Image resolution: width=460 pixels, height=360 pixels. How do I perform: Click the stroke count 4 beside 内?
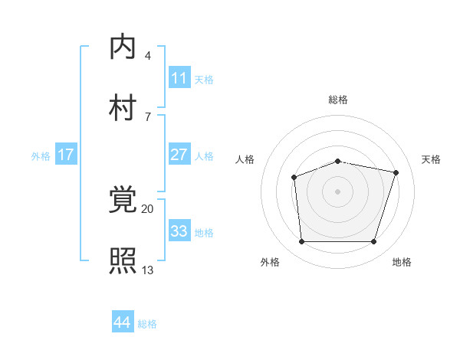(x=147, y=56)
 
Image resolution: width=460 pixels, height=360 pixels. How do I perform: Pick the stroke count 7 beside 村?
(x=147, y=116)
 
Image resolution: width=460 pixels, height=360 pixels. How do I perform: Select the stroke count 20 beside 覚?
(x=147, y=208)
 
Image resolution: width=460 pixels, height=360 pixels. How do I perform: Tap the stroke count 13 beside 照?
(x=147, y=270)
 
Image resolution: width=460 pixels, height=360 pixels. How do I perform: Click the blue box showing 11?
(x=179, y=78)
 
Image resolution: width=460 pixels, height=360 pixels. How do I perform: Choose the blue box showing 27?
(x=179, y=155)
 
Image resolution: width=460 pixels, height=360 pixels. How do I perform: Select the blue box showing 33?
(x=179, y=231)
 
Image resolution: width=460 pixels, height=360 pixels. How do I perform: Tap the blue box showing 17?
(x=66, y=155)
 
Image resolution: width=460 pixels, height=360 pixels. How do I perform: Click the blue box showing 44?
(x=123, y=322)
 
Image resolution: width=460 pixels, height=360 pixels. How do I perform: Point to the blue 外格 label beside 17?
(x=41, y=155)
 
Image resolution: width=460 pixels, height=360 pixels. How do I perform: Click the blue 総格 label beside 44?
(x=147, y=324)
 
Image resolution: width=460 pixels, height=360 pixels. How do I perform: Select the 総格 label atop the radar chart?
(x=338, y=100)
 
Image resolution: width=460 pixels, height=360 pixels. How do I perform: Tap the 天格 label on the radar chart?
(x=432, y=159)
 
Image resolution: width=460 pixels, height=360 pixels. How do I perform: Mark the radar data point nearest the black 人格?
(x=294, y=178)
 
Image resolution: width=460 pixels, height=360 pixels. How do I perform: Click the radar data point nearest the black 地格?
(x=373, y=242)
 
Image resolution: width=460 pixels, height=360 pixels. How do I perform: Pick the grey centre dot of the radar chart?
(x=338, y=191)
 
